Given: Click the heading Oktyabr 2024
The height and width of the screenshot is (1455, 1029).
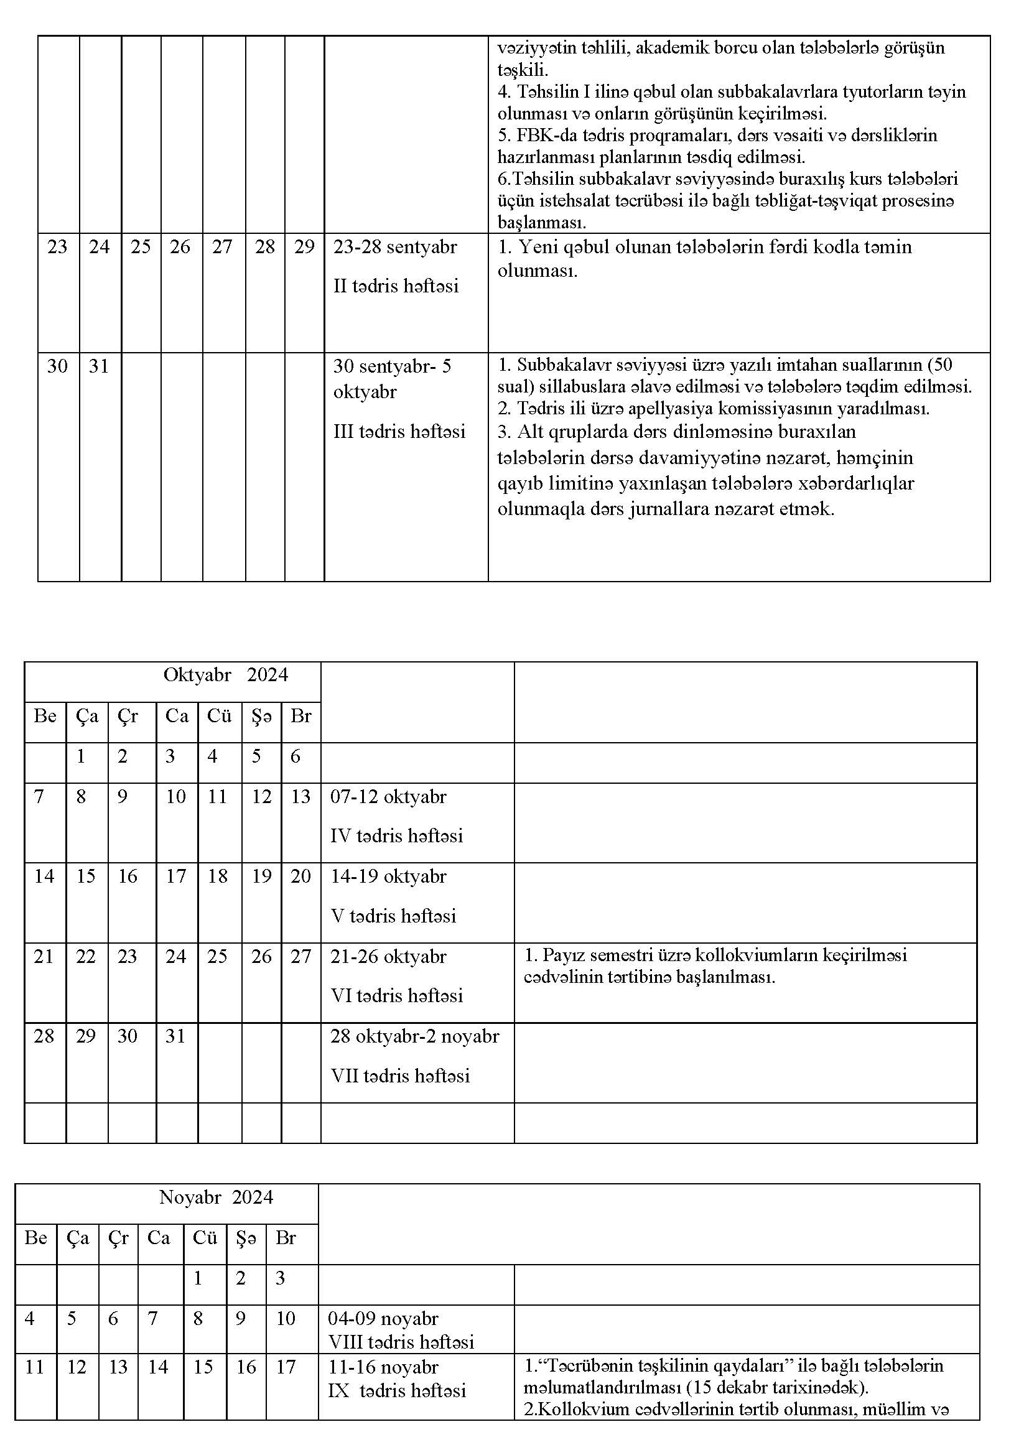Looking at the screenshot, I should [x=226, y=675].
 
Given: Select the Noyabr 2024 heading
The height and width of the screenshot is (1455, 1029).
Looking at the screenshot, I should [x=216, y=1197].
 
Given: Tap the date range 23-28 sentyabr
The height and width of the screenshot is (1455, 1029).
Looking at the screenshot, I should [x=395, y=246].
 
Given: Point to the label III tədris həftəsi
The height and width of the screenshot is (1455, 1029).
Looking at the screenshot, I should [x=399, y=432].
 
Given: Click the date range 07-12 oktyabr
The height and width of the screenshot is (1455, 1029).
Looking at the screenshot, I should [x=388, y=797].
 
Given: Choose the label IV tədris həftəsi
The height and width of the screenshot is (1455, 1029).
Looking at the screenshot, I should [x=396, y=836].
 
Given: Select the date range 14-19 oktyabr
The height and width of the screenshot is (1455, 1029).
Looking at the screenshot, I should [x=388, y=876].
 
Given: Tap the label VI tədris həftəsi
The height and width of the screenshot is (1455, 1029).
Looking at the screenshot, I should [x=396, y=995].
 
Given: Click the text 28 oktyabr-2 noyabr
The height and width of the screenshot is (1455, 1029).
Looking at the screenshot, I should [x=414, y=1036].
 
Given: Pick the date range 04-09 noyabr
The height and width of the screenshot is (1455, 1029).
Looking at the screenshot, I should [x=383, y=1319].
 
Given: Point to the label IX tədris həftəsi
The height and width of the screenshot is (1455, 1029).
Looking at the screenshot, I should [x=397, y=1391].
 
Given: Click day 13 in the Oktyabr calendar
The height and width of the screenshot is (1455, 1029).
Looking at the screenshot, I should [x=300, y=797].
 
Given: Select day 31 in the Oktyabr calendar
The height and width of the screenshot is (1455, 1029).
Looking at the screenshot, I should [x=175, y=1036].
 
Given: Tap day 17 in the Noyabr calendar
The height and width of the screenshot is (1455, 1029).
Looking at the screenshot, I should [x=286, y=1367].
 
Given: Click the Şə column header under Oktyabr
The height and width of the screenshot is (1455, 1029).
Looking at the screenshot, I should [x=261, y=716].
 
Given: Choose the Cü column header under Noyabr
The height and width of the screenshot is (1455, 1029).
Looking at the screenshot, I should [x=205, y=1239].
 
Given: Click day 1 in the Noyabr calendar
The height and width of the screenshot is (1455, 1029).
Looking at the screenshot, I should [x=198, y=1279].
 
